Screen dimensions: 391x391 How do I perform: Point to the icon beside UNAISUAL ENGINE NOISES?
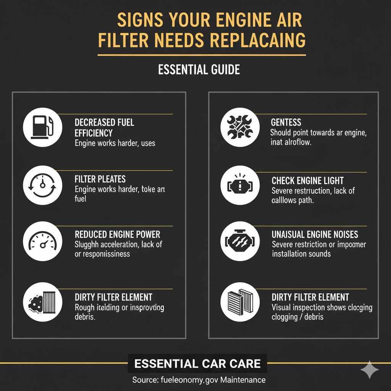click(x=240, y=242)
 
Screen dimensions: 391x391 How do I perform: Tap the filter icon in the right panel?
click(x=240, y=303)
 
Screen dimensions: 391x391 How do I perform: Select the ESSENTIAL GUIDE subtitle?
click(x=199, y=69)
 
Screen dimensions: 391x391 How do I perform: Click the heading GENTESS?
click(x=286, y=123)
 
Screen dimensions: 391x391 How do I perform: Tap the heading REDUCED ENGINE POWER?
click(x=117, y=234)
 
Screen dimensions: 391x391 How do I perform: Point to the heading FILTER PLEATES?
click(x=100, y=179)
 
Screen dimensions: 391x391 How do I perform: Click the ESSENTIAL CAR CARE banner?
click(x=197, y=363)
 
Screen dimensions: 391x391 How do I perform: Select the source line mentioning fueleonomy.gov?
click(x=199, y=380)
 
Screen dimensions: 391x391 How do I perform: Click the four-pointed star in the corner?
click(x=370, y=370)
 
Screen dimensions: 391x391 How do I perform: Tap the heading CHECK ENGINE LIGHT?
click(x=307, y=181)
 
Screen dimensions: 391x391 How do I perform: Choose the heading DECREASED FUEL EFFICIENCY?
click(x=104, y=128)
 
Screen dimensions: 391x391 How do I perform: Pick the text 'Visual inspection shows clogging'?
click(x=322, y=307)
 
